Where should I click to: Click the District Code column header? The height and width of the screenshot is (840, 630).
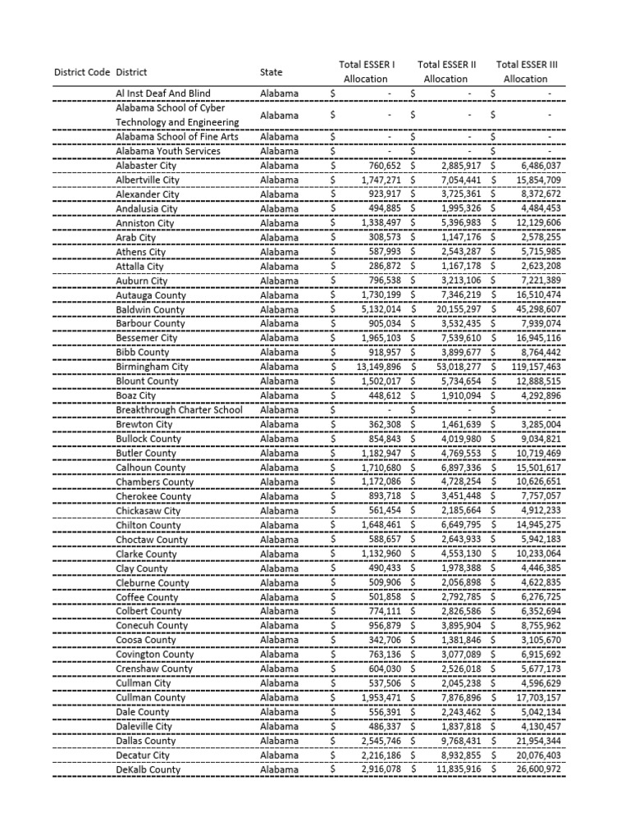[82, 72]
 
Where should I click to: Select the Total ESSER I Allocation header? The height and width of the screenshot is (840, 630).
[366, 71]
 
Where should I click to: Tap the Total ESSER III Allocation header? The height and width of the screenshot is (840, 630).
[525, 71]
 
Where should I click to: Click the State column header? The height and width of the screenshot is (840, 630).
[271, 72]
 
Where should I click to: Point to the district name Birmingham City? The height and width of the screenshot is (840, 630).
[152, 367]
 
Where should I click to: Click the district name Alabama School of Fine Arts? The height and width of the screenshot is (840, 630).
[177, 136]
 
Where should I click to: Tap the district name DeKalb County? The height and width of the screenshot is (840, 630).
[148, 769]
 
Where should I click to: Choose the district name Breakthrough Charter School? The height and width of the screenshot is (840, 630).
[179, 410]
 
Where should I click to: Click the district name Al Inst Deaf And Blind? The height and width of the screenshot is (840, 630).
[163, 94]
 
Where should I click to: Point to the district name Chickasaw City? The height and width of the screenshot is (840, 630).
[148, 510]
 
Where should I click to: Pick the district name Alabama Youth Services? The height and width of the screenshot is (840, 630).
[168, 151]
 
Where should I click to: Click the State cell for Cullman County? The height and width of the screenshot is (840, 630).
[279, 697]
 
